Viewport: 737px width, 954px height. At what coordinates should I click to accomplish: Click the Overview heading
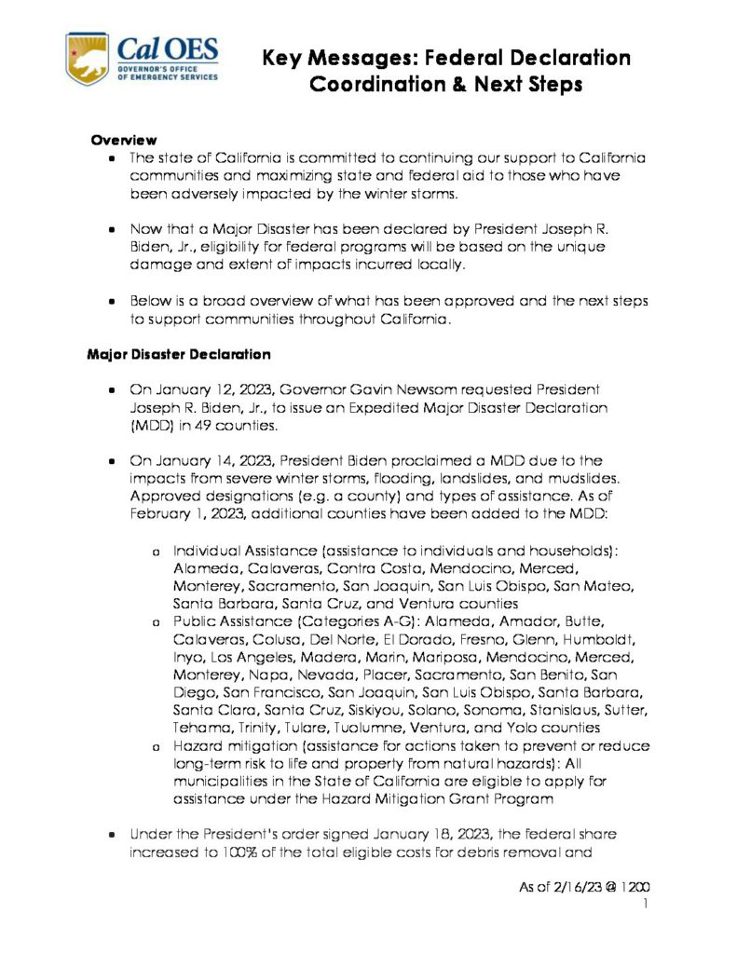coord(123,140)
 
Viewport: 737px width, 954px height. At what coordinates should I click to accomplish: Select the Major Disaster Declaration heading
coord(179,354)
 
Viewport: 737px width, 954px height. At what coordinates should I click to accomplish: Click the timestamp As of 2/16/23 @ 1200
coord(584,888)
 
